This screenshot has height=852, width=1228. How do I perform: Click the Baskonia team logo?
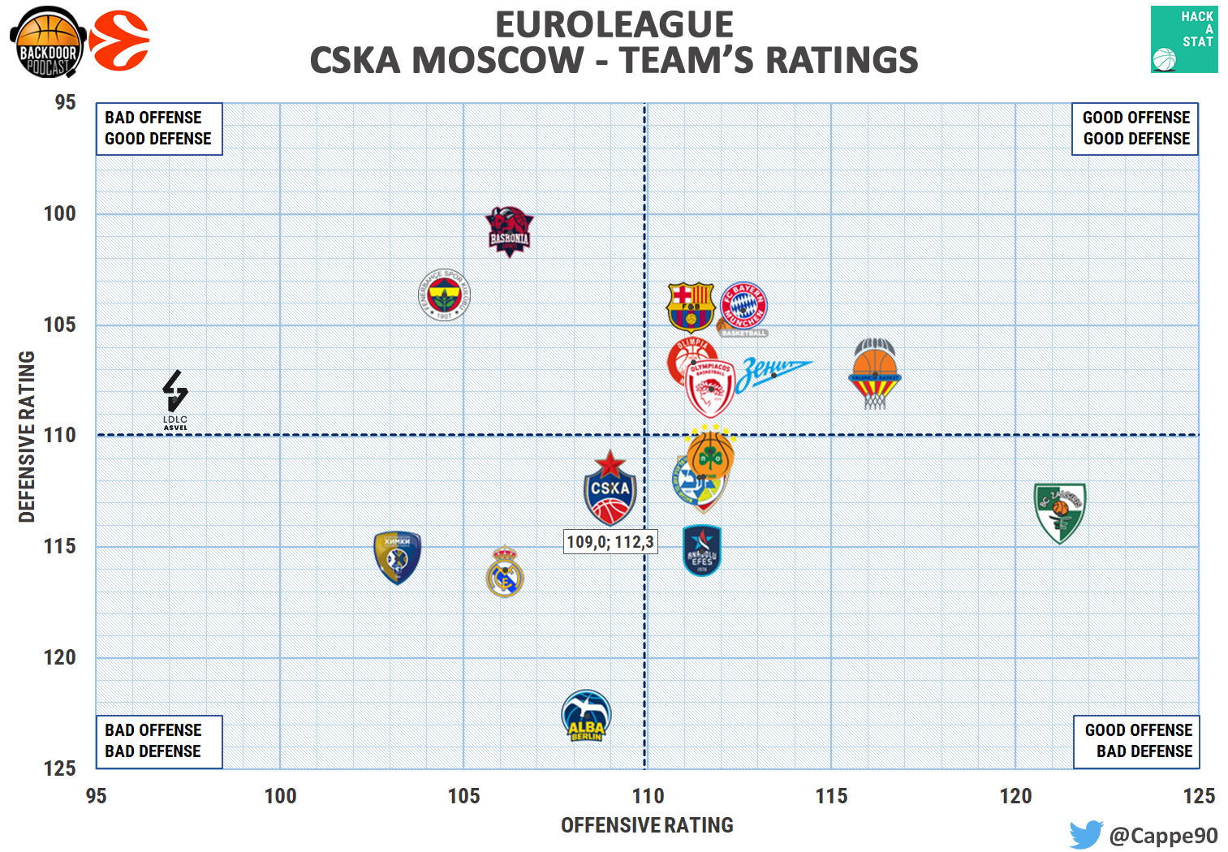click(x=509, y=231)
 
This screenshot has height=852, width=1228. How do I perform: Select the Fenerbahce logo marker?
click(x=444, y=295)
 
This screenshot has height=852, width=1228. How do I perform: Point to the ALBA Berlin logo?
click(x=586, y=716)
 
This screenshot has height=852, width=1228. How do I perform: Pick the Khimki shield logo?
click(x=397, y=557)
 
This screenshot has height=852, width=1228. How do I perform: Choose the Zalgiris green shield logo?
click(x=1059, y=512)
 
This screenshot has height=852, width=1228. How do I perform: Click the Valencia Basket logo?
click(x=874, y=374)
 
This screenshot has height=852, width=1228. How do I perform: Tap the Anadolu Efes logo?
click(x=702, y=551)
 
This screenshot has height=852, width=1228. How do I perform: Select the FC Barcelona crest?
click(x=690, y=308)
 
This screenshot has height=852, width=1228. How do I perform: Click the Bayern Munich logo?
click(x=743, y=307)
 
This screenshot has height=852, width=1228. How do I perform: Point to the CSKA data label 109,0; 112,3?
click(x=610, y=542)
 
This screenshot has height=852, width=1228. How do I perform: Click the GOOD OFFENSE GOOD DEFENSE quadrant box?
click(x=1135, y=128)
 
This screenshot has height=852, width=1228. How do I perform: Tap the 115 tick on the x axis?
click(x=831, y=796)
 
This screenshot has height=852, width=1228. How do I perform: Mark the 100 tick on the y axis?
click(x=59, y=213)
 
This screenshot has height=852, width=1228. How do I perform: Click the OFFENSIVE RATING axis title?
click(x=647, y=825)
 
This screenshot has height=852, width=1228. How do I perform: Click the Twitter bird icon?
click(x=1085, y=834)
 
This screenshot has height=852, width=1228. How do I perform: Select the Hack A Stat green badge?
click(x=1183, y=40)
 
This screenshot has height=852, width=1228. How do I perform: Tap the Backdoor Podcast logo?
click(x=48, y=42)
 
